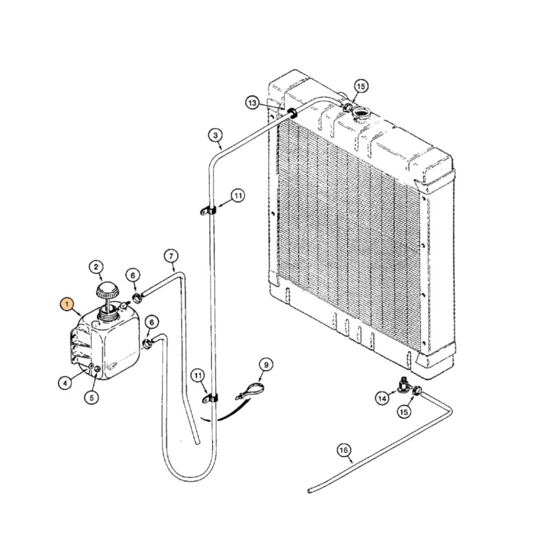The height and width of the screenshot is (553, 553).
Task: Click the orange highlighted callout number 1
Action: (x=66, y=304)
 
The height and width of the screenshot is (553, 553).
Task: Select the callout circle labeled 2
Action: (x=97, y=268)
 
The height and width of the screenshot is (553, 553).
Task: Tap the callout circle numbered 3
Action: (x=215, y=134)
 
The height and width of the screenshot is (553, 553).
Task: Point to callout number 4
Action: (x=65, y=382)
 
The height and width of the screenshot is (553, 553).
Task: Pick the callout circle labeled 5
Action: (x=92, y=397)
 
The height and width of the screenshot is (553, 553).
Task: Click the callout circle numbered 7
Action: (x=171, y=255)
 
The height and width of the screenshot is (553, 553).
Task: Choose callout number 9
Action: (x=265, y=364)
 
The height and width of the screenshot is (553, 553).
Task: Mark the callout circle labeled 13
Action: (x=253, y=103)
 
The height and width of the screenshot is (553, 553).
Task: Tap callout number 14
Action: (x=382, y=397)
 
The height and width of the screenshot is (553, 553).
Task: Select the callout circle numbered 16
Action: (x=344, y=451)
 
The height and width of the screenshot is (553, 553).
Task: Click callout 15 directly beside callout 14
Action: (x=405, y=411)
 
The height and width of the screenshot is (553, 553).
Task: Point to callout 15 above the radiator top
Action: (x=361, y=86)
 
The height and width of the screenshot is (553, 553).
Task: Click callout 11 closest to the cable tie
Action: (x=198, y=375)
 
